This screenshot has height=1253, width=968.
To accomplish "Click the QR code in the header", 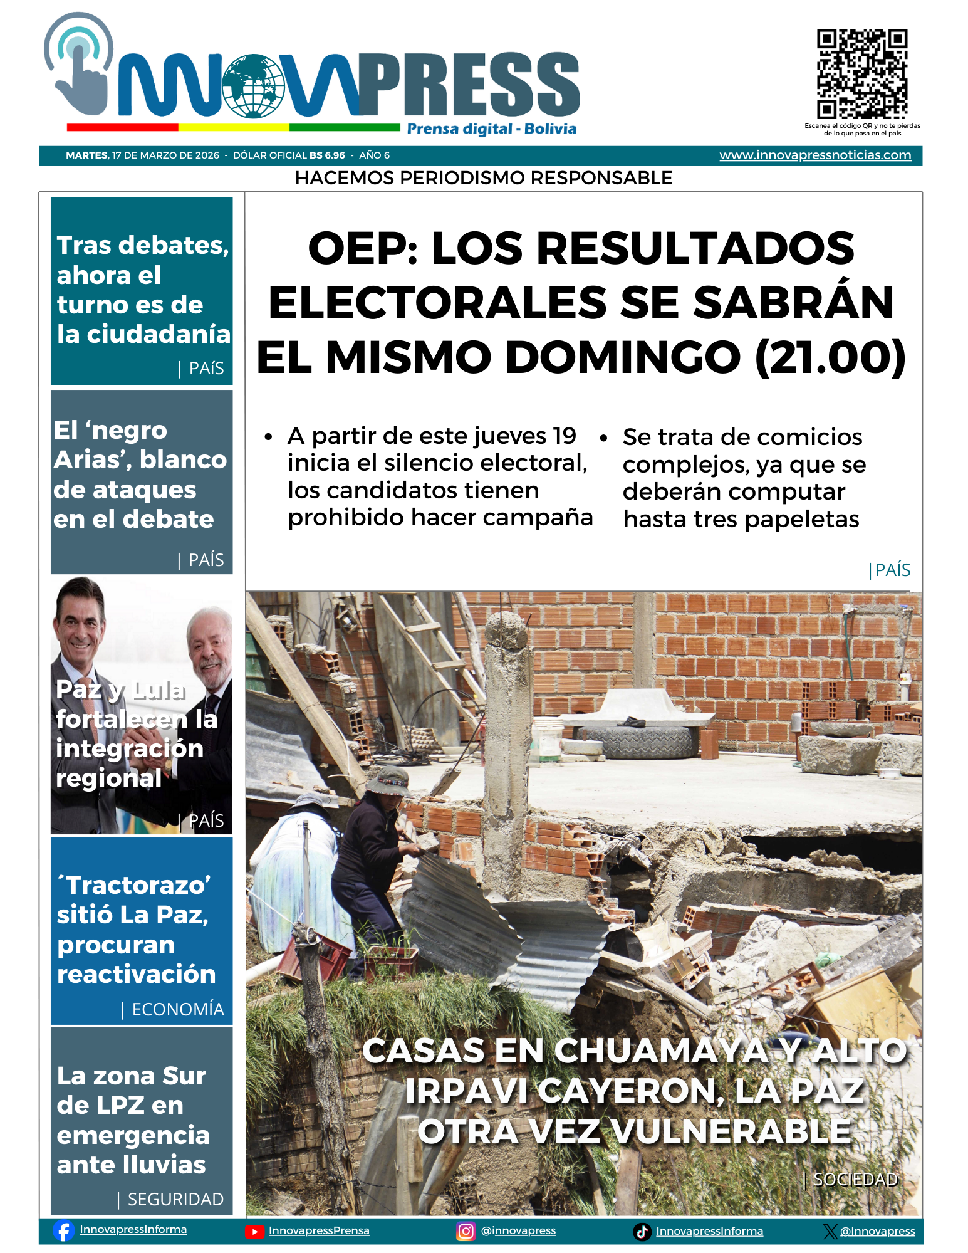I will pyautogui.click(x=862, y=74).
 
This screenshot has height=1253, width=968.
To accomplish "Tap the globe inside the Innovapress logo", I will pyautogui.click(x=253, y=87).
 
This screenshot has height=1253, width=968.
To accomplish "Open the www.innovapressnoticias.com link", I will pyautogui.click(x=815, y=155).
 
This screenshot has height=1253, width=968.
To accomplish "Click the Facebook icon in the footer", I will pyautogui.click(x=63, y=1230).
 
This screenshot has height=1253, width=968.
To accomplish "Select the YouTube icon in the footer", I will pyautogui.click(x=254, y=1232).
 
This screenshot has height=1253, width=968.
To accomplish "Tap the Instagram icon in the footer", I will pyautogui.click(x=466, y=1232).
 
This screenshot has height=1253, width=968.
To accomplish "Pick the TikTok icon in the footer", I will pyautogui.click(x=642, y=1232).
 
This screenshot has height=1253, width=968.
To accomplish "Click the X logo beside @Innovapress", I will pyautogui.click(x=830, y=1232).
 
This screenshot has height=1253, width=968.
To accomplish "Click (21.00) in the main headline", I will pyautogui.click(x=831, y=357).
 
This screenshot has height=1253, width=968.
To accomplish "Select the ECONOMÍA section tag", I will pyautogui.click(x=178, y=1009).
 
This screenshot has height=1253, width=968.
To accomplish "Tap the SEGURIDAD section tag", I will pyautogui.click(x=175, y=1199).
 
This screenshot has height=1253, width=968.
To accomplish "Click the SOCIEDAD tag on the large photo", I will pyautogui.click(x=855, y=1180).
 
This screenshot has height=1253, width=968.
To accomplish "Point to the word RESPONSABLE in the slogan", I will pyautogui.click(x=601, y=178).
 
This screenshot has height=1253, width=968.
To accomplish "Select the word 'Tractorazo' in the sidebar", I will pyautogui.click(x=138, y=885).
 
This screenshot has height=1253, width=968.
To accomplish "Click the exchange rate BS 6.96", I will pyautogui.click(x=327, y=155).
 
